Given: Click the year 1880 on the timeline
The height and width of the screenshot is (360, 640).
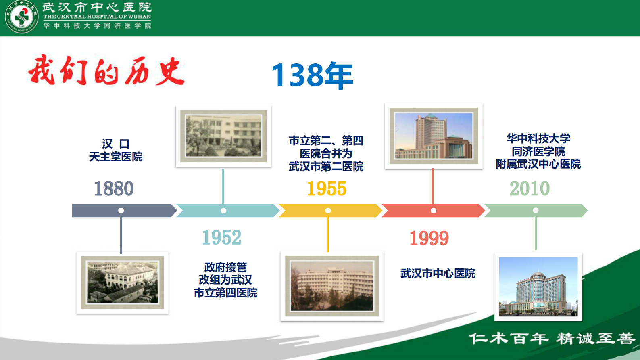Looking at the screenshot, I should tap(114, 188).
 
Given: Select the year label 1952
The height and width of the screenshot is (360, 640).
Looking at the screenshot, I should tap(222, 237).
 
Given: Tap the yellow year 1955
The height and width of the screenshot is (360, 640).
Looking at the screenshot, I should tap(327, 188).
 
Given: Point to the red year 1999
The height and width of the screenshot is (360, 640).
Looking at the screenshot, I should tap(429, 238).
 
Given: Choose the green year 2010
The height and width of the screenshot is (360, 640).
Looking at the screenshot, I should tap(530, 188).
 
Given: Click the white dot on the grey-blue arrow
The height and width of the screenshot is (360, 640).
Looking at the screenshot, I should tap(121, 211).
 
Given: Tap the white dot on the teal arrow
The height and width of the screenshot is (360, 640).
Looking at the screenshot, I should tap(223, 211).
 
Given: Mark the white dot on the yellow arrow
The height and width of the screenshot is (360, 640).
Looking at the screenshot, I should tap(328, 211).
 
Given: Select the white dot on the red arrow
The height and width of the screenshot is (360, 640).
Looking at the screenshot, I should tap(434, 211).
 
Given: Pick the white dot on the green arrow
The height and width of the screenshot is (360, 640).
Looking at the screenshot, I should tap(536, 210).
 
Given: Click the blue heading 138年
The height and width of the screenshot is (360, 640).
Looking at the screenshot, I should tap(312, 75).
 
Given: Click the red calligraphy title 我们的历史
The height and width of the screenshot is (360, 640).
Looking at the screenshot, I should tap(106, 71).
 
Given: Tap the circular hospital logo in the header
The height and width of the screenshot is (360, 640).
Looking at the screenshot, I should tap(21, 17).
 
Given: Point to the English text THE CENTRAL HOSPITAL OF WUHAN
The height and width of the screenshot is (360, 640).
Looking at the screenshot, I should tap(97, 17).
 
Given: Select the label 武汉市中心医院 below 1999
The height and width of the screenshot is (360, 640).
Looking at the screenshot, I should tap(438, 274).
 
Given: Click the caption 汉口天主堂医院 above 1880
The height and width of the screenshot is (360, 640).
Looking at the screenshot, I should tap(116, 150).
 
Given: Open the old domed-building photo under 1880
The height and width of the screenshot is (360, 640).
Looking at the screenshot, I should tap(123, 283).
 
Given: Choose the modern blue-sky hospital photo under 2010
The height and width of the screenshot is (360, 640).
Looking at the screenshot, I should tap(538, 287).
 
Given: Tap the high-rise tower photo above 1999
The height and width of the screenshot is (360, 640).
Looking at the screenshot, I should tap(434, 136).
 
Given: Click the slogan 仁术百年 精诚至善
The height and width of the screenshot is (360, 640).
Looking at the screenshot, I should tap(552, 338).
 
